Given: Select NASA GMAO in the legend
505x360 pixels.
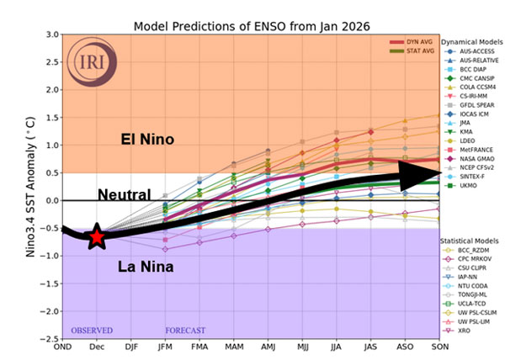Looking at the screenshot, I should click(x=473, y=157).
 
